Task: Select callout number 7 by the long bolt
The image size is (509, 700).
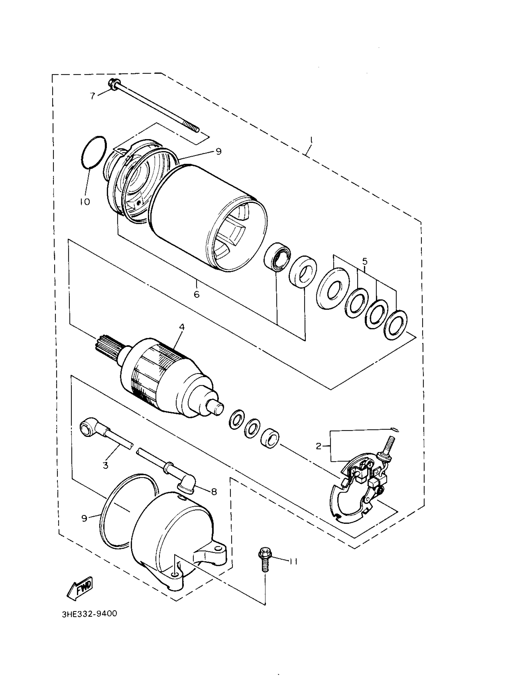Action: pyautogui.click(x=93, y=96)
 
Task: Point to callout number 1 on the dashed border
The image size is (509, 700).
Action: pyautogui.click(x=311, y=141)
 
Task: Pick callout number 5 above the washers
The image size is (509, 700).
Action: pyautogui.click(x=365, y=262)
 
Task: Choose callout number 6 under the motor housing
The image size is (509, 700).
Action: pyautogui.click(x=197, y=294)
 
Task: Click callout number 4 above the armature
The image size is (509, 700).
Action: pyautogui.click(x=182, y=327)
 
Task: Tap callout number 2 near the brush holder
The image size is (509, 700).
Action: pyautogui.click(x=319, y=446)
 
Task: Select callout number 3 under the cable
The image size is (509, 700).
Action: pyautogui.click(x=106, y=465)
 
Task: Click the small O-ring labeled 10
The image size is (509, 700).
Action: pyautogui.click(x=94, y=152)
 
